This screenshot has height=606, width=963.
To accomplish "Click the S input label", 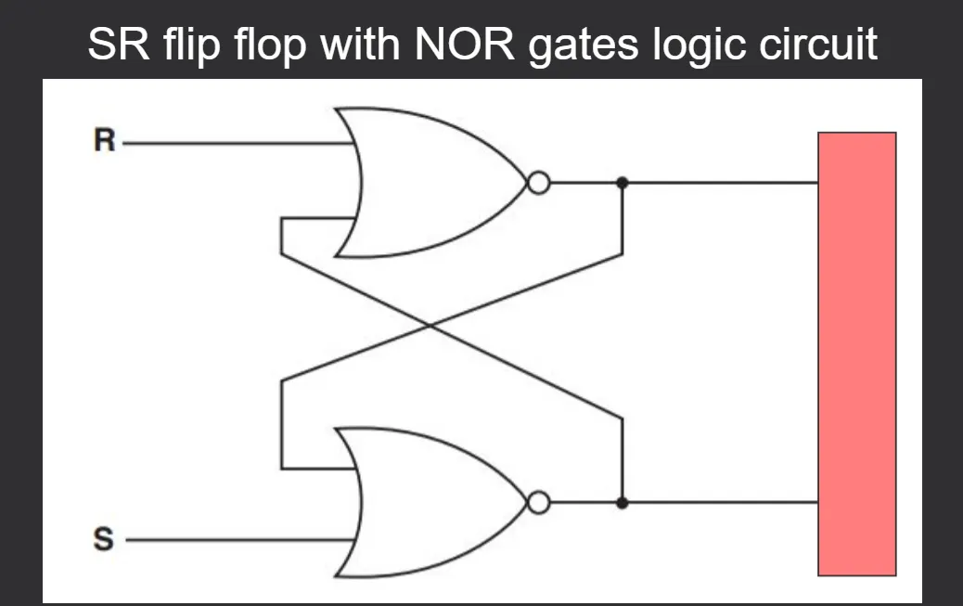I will [x=105, y=539].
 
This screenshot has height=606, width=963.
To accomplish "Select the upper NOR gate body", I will [x=427, y=182].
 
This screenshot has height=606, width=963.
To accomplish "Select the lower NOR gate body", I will [x=427, y=502].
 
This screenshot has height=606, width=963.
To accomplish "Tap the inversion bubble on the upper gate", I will [x=537, y=183].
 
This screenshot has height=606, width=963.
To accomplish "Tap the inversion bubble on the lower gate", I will [x=537, y=503].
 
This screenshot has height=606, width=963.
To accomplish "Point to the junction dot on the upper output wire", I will [x=623, y=183].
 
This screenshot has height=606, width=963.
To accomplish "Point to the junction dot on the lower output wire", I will [x=623, y=503].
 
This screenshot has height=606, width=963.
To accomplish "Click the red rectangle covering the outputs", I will [x=856, y=354].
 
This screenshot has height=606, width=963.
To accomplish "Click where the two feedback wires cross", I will [x=430, y=325].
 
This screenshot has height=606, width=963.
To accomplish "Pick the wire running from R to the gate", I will [x=232, y=145].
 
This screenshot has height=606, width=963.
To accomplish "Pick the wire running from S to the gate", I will [x=232, y=539].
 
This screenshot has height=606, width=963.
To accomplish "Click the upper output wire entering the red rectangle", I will [x=724, y=183].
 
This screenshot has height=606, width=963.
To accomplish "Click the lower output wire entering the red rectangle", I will [x=724, y=503].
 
